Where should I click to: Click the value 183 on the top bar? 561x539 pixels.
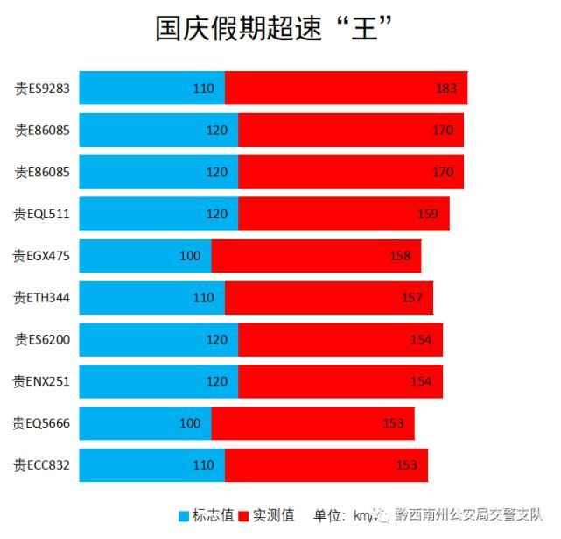[446, 89]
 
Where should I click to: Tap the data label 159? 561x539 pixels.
[428, 214]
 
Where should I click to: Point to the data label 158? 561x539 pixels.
[400, 256]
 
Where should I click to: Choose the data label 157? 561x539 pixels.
[412, 298]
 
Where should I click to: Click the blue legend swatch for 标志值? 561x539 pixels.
[185, 516]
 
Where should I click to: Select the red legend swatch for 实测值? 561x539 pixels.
[244, 516]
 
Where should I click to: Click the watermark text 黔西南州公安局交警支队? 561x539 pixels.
[468, 516]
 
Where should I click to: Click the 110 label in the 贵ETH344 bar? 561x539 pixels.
[203, 298]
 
